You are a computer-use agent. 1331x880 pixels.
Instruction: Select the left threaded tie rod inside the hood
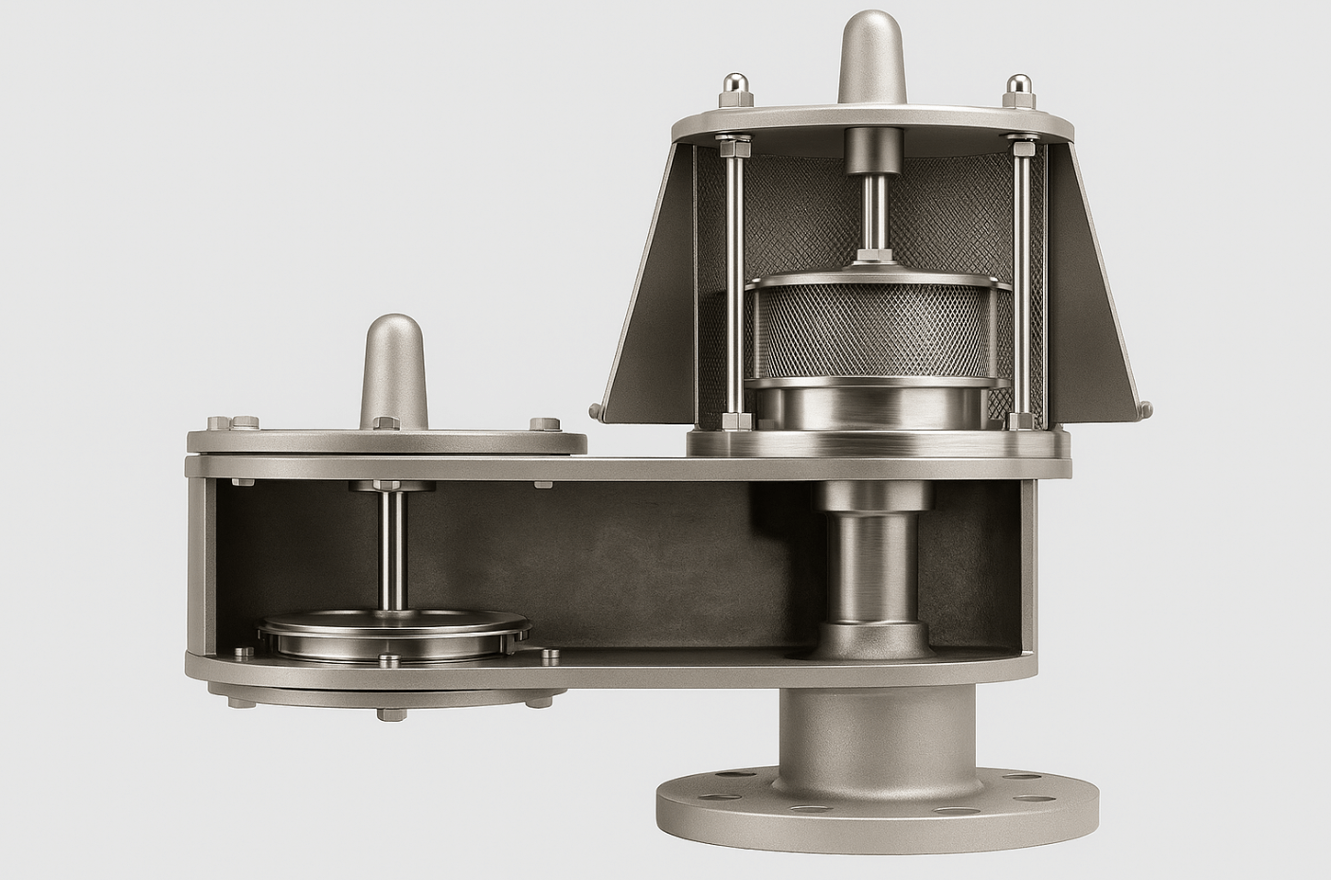(x=734, y=284)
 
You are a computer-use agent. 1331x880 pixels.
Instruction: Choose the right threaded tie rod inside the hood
(x=1020, y=284)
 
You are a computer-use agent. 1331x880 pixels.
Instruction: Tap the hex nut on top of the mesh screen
(x=869, y=256)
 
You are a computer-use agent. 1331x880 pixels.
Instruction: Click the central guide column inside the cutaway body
(x=869, y=564)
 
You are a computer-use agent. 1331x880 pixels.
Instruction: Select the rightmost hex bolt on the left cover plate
(x=543, y=424)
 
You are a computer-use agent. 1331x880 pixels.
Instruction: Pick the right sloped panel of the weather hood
(x=1099, y=284)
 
